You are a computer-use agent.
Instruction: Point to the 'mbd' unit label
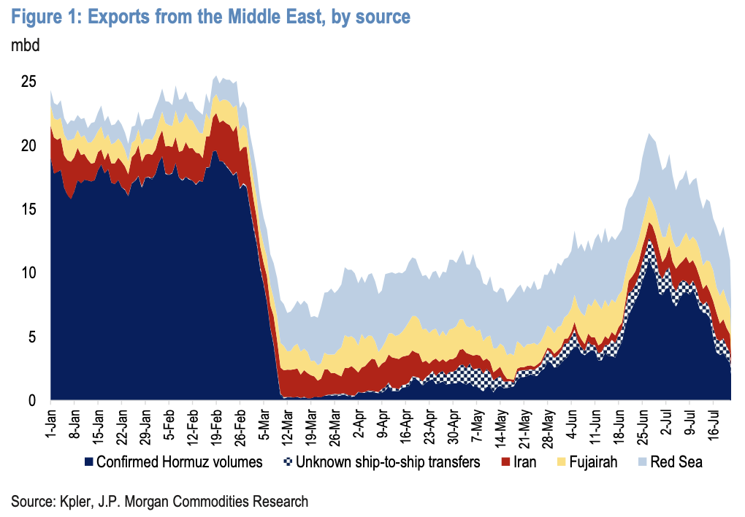(25, 45)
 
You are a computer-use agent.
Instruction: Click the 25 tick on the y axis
(28, 82)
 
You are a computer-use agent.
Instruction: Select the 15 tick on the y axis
(28, 209)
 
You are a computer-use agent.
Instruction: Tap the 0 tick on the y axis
(32, 401)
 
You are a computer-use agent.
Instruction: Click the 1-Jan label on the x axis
(51, 424)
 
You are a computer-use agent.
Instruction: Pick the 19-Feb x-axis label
(216, 427)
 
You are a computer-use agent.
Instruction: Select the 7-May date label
(477, 425)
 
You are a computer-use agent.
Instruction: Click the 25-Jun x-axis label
(643, 427)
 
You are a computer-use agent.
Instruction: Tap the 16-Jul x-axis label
(714, 425)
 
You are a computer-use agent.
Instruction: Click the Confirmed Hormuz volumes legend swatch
(88, 462)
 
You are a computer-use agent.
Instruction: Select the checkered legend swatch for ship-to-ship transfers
(288, 462)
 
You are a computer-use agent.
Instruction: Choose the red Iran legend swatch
(505, 462)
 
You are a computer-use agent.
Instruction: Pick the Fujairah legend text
(593, 462)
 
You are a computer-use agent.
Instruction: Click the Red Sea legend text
(676, 462)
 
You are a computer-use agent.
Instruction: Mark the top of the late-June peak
(649, 134)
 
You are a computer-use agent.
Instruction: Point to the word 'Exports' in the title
(118, 18)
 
